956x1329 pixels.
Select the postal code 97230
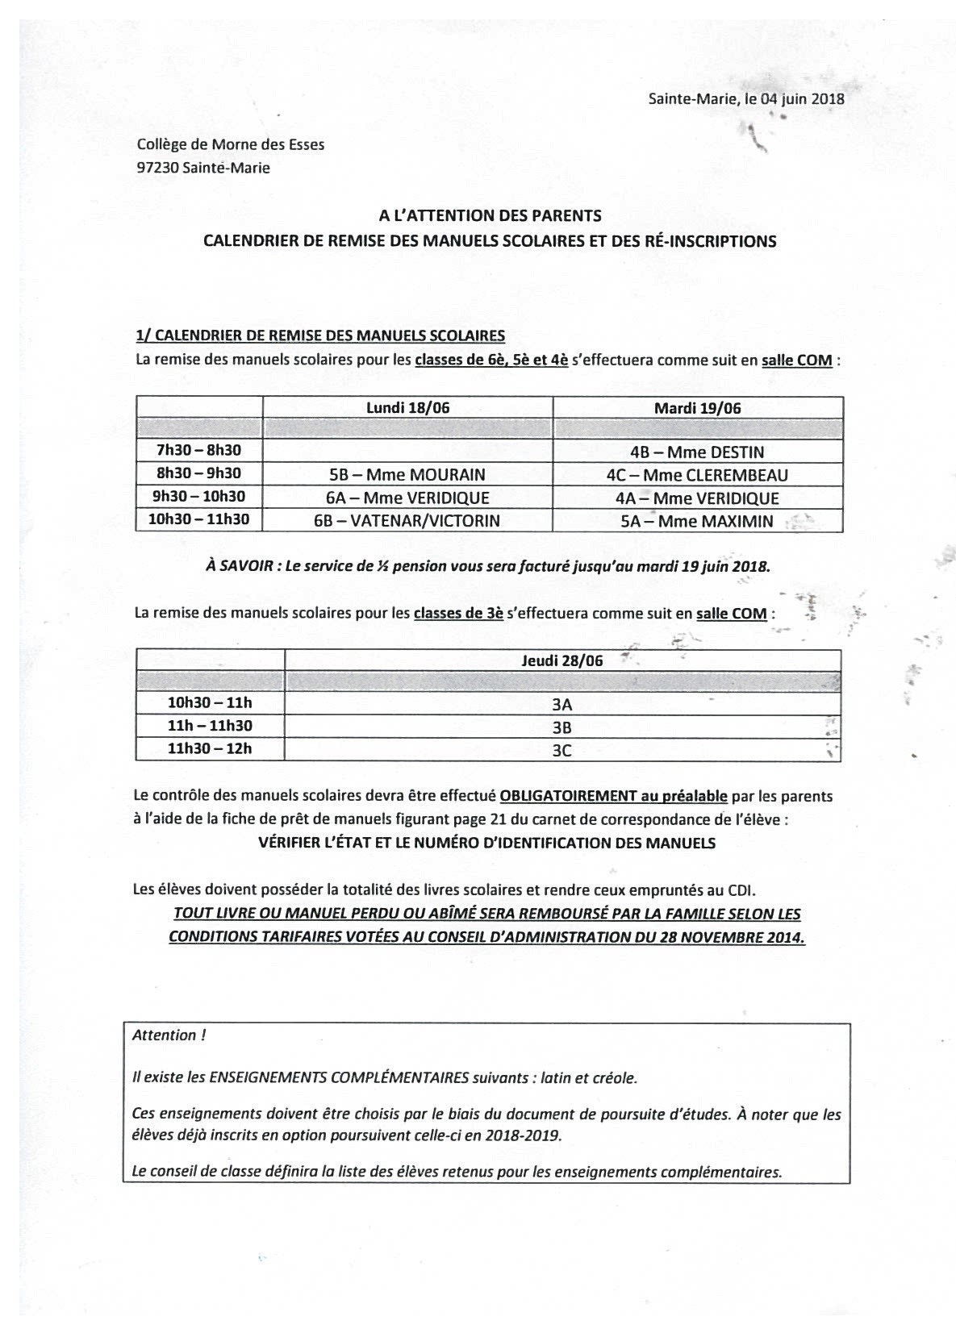point(157,168)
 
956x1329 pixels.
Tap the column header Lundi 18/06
point(407,408)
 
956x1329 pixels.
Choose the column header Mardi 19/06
point(697,408)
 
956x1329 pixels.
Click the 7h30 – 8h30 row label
point(198,451)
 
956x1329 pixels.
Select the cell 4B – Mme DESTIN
point(697,452)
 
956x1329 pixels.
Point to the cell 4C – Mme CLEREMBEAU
point(697,475)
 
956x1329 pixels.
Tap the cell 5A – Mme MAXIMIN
point(697,522)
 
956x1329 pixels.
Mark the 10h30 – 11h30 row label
point(198,519)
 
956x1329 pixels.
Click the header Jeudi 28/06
point(561,660)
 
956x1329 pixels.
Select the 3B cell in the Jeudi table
point(561,727)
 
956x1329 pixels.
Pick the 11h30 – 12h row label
point(210,748)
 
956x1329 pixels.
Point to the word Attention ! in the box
point(168,1035)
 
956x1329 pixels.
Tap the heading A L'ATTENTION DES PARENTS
point(490,215)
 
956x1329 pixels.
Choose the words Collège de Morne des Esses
point(231,145)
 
